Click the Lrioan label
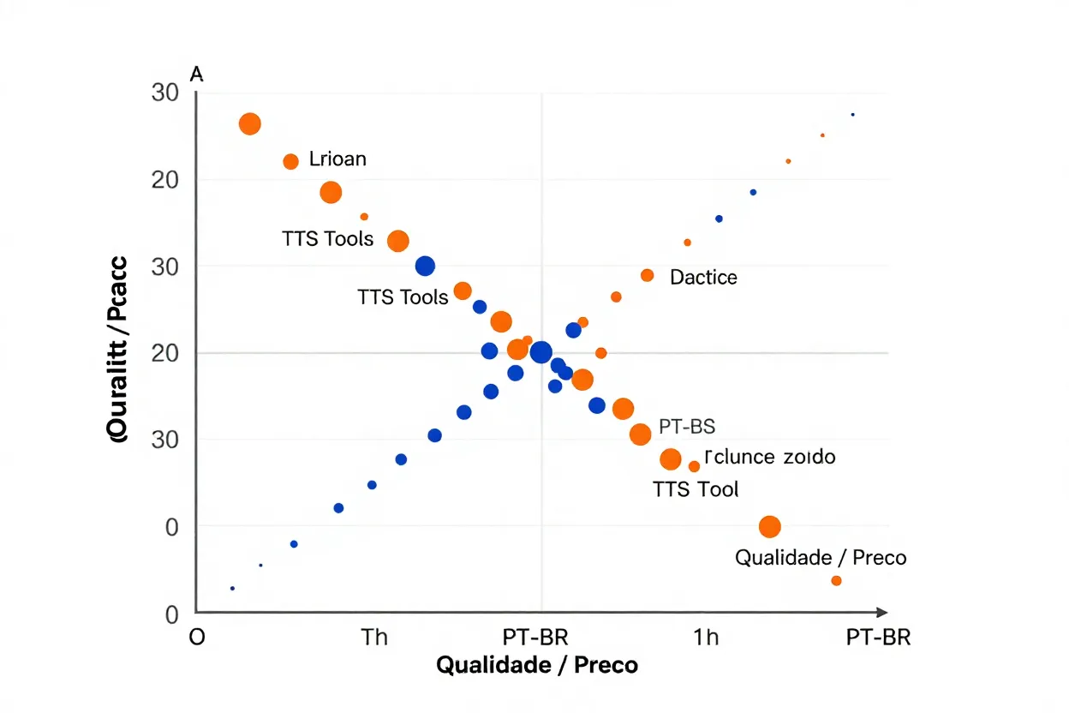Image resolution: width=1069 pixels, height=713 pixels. (337, 159)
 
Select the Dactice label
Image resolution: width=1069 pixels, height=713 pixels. (703, 277)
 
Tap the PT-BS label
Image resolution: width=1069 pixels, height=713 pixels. (687, 426)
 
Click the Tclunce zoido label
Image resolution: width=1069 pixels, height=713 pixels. (768, 457)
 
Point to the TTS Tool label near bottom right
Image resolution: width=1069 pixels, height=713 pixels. (696, 489)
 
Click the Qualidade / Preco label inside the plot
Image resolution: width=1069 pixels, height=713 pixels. (821, 558)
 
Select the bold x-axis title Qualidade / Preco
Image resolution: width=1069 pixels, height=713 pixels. (537, 665)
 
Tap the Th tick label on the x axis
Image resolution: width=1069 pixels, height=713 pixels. (374, 638)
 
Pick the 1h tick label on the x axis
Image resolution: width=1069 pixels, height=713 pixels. (706, 638)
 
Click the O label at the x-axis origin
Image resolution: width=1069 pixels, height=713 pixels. (197, 638)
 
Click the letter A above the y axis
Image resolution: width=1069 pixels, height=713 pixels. (196, 75)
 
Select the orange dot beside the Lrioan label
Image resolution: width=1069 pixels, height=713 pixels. (290, 161)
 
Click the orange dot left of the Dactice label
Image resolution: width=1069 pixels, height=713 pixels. (648, 275)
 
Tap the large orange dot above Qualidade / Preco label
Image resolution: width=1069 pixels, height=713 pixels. (770, 527)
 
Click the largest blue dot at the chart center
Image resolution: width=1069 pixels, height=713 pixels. (541, 352)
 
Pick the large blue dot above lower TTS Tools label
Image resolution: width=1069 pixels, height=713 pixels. (425, 266)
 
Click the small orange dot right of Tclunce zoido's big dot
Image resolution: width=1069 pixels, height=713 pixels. (694, 466)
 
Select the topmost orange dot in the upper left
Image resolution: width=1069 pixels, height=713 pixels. (249, 123)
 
